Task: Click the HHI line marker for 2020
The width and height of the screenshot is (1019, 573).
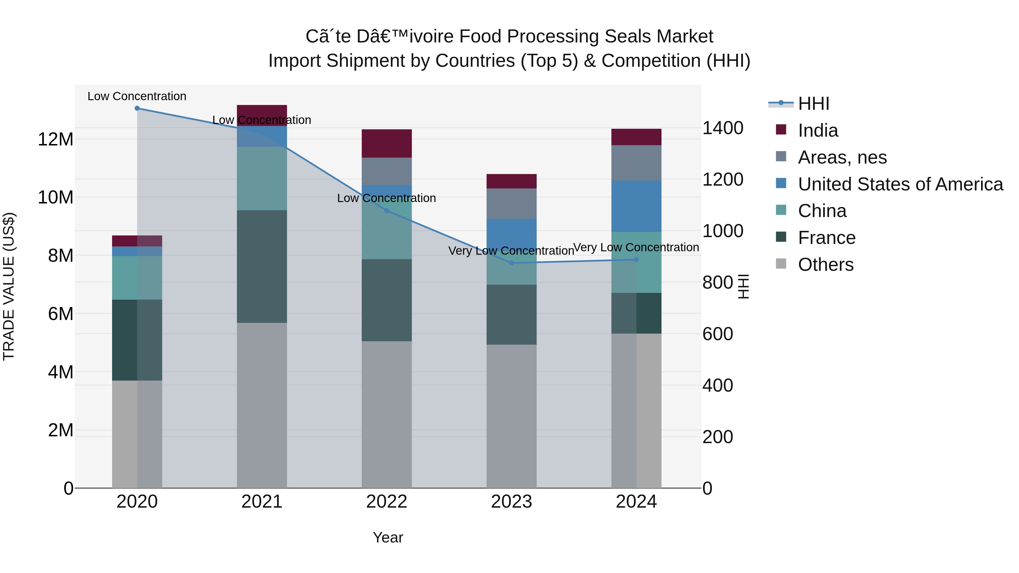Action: (137, 108)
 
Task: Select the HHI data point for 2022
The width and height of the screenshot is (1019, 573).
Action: (387, 211)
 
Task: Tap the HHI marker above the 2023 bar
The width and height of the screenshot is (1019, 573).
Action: (511, 263)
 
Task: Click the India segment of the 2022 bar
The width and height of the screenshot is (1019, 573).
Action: (387, 143)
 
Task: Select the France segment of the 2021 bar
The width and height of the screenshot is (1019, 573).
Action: (262, 267)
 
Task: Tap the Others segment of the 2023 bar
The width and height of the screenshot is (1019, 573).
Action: (511, 415)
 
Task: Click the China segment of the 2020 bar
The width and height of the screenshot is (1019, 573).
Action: (137, 278)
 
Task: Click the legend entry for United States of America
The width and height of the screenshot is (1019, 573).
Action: (900, 184)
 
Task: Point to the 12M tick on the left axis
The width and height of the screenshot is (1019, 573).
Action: (55, 140)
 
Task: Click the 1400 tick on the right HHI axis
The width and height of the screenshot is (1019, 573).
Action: (722, 128)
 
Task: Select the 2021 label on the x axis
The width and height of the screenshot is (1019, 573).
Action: (262, 502)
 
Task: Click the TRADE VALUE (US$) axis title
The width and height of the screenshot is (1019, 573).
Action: (9, 286)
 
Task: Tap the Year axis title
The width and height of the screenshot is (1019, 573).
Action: (388, 537)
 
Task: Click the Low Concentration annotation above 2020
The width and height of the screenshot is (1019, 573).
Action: (137, 96)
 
